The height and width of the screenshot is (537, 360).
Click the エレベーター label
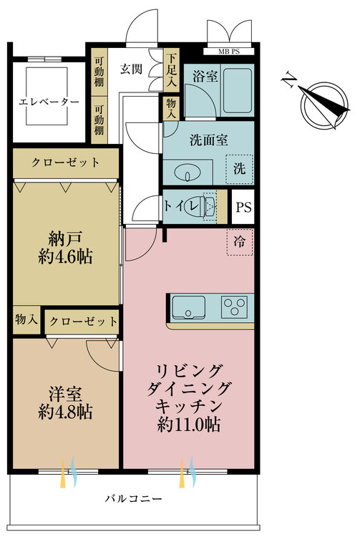[x=49, y=102]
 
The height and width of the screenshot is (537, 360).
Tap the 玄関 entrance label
[x=131, y=69]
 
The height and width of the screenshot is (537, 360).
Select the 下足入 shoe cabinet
[x=172, y=71]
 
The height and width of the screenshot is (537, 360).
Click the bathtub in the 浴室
[x=237, y=91]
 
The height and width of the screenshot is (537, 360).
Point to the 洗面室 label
[x=209, y=140]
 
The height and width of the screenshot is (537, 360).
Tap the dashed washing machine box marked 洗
[x=240, y=169]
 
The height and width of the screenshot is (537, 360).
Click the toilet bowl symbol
[x=202, y=206]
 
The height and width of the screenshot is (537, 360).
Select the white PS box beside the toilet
[x=243, y=207]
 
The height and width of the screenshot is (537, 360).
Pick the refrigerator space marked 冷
[x=240, y=242]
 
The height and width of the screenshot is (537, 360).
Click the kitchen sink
[x=188, y=307]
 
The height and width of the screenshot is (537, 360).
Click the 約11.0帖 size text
[x=188, y=425]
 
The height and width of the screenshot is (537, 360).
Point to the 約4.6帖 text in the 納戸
[x=65, y=256]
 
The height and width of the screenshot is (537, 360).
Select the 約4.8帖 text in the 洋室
[x=65, y=411]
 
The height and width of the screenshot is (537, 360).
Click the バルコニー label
[x=133, y=498]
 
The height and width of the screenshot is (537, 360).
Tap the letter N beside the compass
[x=289, y=79]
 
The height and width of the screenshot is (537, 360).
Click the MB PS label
[x=229, y=52]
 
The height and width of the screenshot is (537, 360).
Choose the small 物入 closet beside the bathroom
[x=171, y=109]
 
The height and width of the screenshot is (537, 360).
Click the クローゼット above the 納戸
[x=66, y=163]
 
